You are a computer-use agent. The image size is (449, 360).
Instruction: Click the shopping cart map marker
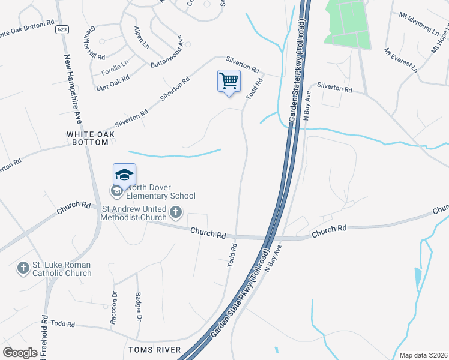(x=229, y=81)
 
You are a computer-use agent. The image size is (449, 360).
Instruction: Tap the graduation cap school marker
(x=124, y=175)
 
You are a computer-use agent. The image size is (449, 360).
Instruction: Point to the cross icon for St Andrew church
(x=176, y=211)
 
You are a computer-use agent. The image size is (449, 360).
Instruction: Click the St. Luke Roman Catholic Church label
(x=62, y=269)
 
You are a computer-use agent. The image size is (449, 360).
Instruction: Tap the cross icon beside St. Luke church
(x=23, y=268)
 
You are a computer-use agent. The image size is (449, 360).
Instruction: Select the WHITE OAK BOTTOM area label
(x=88, y=138)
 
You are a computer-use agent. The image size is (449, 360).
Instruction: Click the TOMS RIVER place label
(x=155, y=349)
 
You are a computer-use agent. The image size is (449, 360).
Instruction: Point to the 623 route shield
(x=61, y=29)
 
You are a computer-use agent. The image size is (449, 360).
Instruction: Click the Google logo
(x=20, y=352)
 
